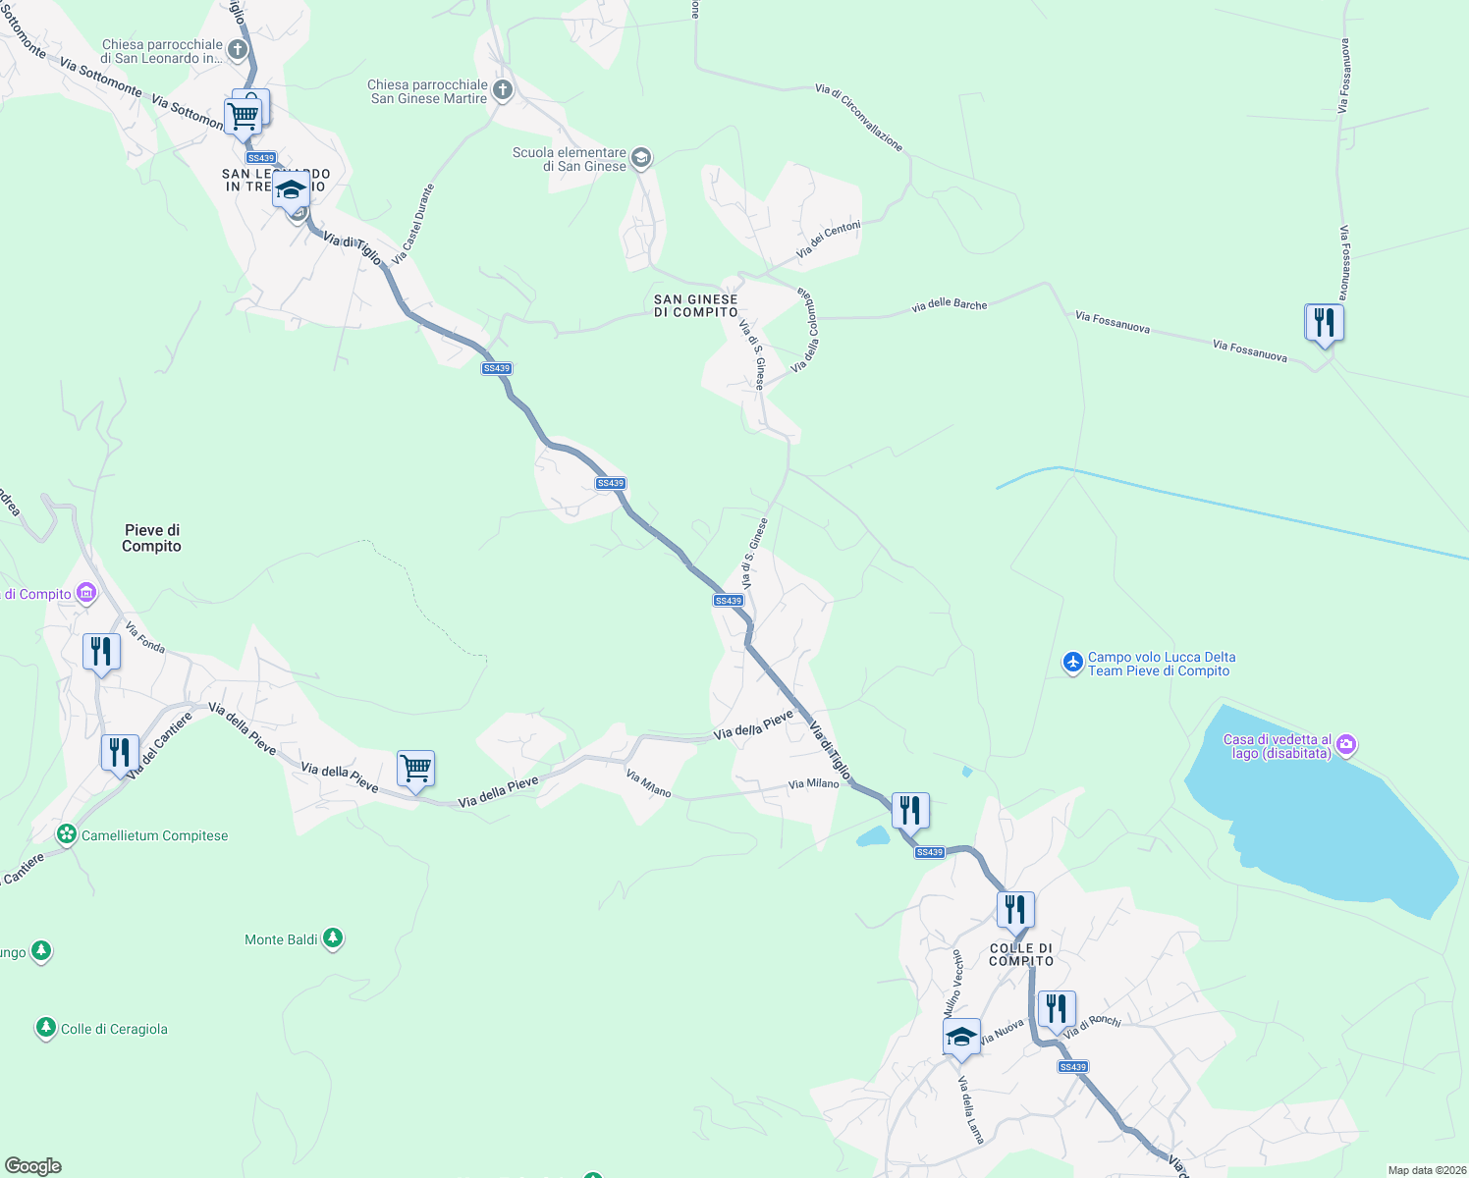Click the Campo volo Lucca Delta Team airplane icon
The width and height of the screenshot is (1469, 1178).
coord(1072,664)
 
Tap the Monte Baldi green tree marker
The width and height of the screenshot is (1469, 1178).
coord(333,939)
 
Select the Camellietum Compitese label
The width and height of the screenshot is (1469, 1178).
coord(154,835)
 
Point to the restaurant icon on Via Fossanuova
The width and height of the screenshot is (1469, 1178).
coord(1324,322)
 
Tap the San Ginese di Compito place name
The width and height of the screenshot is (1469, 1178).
coord(695,306)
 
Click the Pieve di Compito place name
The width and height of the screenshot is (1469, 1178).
coord(151,538)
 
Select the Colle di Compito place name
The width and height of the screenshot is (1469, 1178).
coord(1021,954)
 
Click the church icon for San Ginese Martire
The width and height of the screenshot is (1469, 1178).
coord(502,91)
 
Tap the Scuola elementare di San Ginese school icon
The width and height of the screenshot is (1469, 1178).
coord(640,158)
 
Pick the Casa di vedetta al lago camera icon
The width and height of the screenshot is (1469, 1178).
coord(1347,745)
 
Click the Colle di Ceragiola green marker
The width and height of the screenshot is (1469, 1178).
coord(45,1028)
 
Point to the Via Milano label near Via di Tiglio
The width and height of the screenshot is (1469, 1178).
coord(813,783)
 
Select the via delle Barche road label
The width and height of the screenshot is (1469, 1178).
coord(949,305)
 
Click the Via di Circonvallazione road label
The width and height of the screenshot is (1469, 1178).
coord(858,117)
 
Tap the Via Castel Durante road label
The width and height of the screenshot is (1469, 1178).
coord(412,224)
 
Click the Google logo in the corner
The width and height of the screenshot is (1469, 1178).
coord(32,1166)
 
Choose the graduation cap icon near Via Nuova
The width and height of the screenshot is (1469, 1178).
coord(960,1036)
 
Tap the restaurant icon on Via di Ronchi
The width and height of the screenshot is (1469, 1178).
coord(1056,1008)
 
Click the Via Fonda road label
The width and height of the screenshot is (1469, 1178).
coord(145,637)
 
